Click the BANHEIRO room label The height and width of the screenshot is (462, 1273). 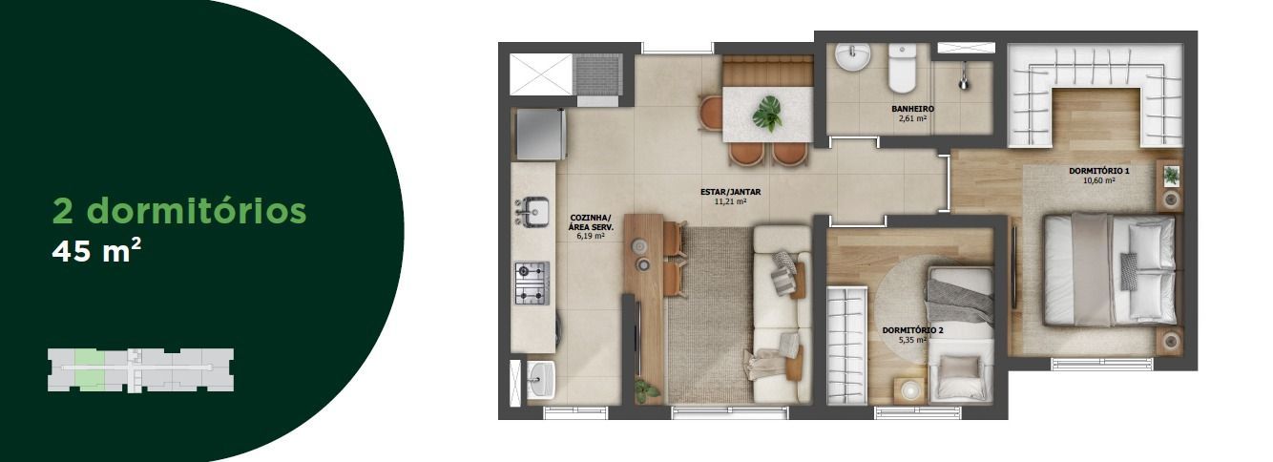click(x=912, y=109)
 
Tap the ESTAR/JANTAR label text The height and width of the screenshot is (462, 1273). click(x=730, y=192)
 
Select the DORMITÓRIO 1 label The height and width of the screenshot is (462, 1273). click(x=1099, y=171)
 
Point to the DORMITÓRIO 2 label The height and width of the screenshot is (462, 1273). click(x=912, y=330)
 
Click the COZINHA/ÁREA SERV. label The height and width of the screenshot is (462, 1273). click(x=591, y=222)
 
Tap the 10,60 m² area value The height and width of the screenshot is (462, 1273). click(x=1099, y=180)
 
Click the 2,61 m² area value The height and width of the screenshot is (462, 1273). click(x=912, y=118)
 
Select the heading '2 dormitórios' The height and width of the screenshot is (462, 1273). click(x=179, y=210)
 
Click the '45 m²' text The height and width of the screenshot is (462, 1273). click(x=96, y=251)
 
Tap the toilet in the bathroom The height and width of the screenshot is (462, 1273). click(x=903, y=69)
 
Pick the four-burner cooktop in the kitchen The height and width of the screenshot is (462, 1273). click(x=532, y=283)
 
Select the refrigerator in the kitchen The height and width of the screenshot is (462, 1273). click(x=541, y=134)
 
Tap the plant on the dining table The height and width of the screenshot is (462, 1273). click(x=768, y=113)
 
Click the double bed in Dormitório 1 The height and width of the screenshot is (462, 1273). click(x=1108, y=269)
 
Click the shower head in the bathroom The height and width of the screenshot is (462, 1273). click(x=963, y=81)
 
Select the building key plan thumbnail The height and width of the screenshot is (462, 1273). click(x=141, y=370)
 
